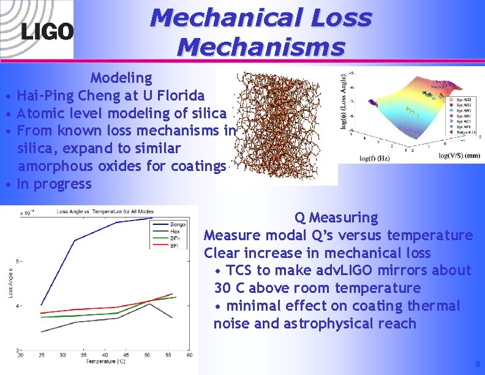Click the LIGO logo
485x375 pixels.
coord(47,31)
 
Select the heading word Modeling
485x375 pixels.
coord(121,78)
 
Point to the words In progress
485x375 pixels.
coord(55,184)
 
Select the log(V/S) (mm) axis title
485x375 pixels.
coord(459,155)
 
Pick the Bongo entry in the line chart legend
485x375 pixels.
coord(178,225)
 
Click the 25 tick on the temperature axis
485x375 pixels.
coord(41,355)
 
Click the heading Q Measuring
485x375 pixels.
coord(336,218)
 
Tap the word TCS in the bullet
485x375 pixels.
coord(239,271)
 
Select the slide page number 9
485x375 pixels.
coord(478,365)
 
